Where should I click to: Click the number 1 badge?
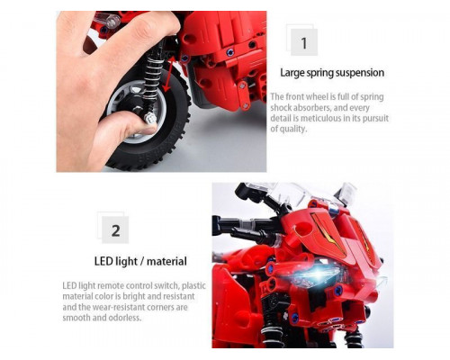tap(304, 42)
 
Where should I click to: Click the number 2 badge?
tap(115, 229)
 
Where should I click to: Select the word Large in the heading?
tap(292, 73)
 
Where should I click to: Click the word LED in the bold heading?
tap(103, 261)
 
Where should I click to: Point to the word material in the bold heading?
tap(166, 261)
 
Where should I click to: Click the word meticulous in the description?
tap(320, 118)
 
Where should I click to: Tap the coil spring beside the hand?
tap(152, 75)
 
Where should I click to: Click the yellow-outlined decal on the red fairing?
tap(328, 233)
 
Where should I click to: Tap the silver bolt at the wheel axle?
tap(149, 119)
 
